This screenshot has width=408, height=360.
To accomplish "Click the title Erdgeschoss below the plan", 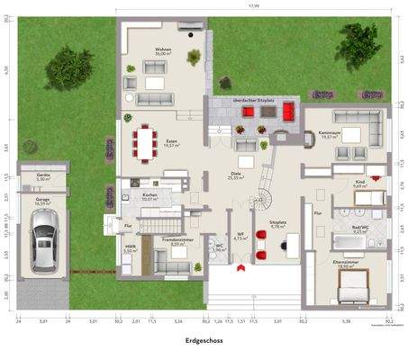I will coord(204,342).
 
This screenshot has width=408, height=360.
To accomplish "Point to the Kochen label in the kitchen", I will coord(150,195).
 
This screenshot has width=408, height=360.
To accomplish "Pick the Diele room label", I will coord(236,176).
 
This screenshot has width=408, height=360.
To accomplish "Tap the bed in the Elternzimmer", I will coord(353,287).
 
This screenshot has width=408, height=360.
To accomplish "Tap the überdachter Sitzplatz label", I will coord(253,101).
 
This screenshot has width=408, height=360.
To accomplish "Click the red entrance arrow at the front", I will coord(239,266).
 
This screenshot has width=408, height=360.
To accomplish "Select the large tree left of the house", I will coord(68,66).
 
